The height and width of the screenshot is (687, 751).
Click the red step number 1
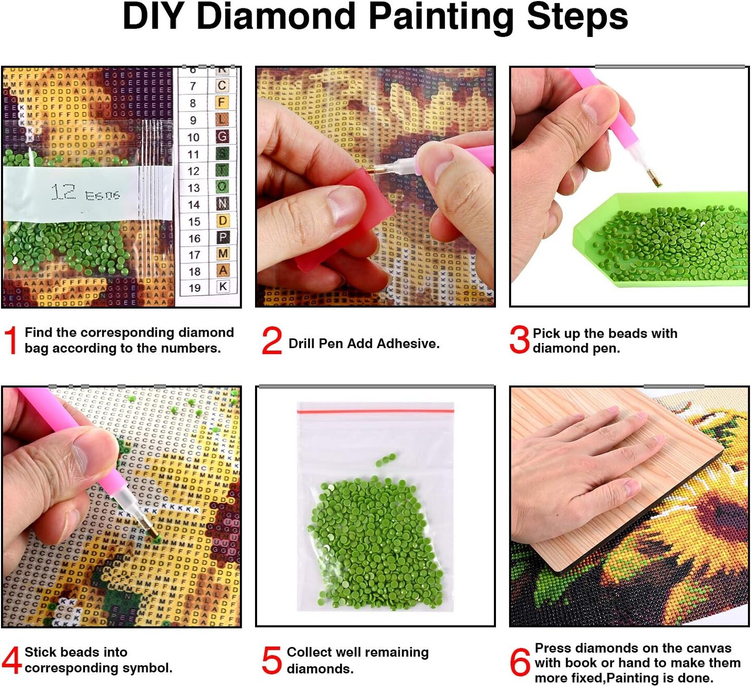click(x=11, y=340)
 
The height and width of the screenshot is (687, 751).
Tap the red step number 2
click(x=272, y=341)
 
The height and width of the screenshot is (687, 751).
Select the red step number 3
click(x=519, y=340)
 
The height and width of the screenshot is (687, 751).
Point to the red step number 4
click(x=11, y=660)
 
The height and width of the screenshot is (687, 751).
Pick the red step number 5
click(x=272, y=660)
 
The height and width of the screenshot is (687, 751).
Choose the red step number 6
click(x=520, y=663)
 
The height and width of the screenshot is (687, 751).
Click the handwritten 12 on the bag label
click(x=64, y=192)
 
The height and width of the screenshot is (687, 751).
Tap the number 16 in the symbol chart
click(x=195, y=239)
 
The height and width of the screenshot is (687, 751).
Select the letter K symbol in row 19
click(x=223, y=286)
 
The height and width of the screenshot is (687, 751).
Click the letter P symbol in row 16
click(x=223, y=238)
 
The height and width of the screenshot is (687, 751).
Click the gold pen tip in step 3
click(x=655, y=179)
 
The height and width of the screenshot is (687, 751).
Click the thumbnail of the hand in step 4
click(x=63, y=469)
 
